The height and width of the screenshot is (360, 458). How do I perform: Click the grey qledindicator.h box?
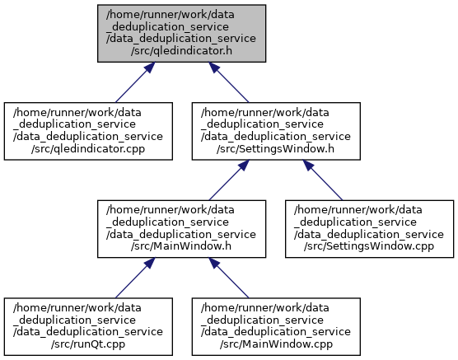[181, 33]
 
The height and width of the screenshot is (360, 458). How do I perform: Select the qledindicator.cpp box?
[88, 131]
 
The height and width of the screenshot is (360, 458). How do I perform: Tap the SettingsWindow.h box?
[276, 131]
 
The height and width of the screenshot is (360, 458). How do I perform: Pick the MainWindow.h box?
[181, 229]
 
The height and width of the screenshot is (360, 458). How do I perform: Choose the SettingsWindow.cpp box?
[369, 229]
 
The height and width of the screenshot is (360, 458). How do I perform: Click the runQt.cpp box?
[88, 327]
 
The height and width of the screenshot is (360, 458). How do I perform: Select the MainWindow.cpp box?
[276, 327]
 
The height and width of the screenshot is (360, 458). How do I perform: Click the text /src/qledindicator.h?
[181, 51]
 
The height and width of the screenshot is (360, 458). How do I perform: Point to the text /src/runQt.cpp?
[88, 344]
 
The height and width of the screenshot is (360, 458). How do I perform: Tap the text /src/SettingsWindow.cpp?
[369, 246]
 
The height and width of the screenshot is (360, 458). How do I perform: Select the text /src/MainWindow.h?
[181, 246]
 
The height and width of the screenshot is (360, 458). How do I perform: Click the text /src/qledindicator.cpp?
[88, 149]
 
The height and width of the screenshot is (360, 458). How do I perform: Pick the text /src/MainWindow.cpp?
[276, 344]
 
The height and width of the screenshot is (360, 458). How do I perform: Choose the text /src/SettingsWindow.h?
[276, 149]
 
